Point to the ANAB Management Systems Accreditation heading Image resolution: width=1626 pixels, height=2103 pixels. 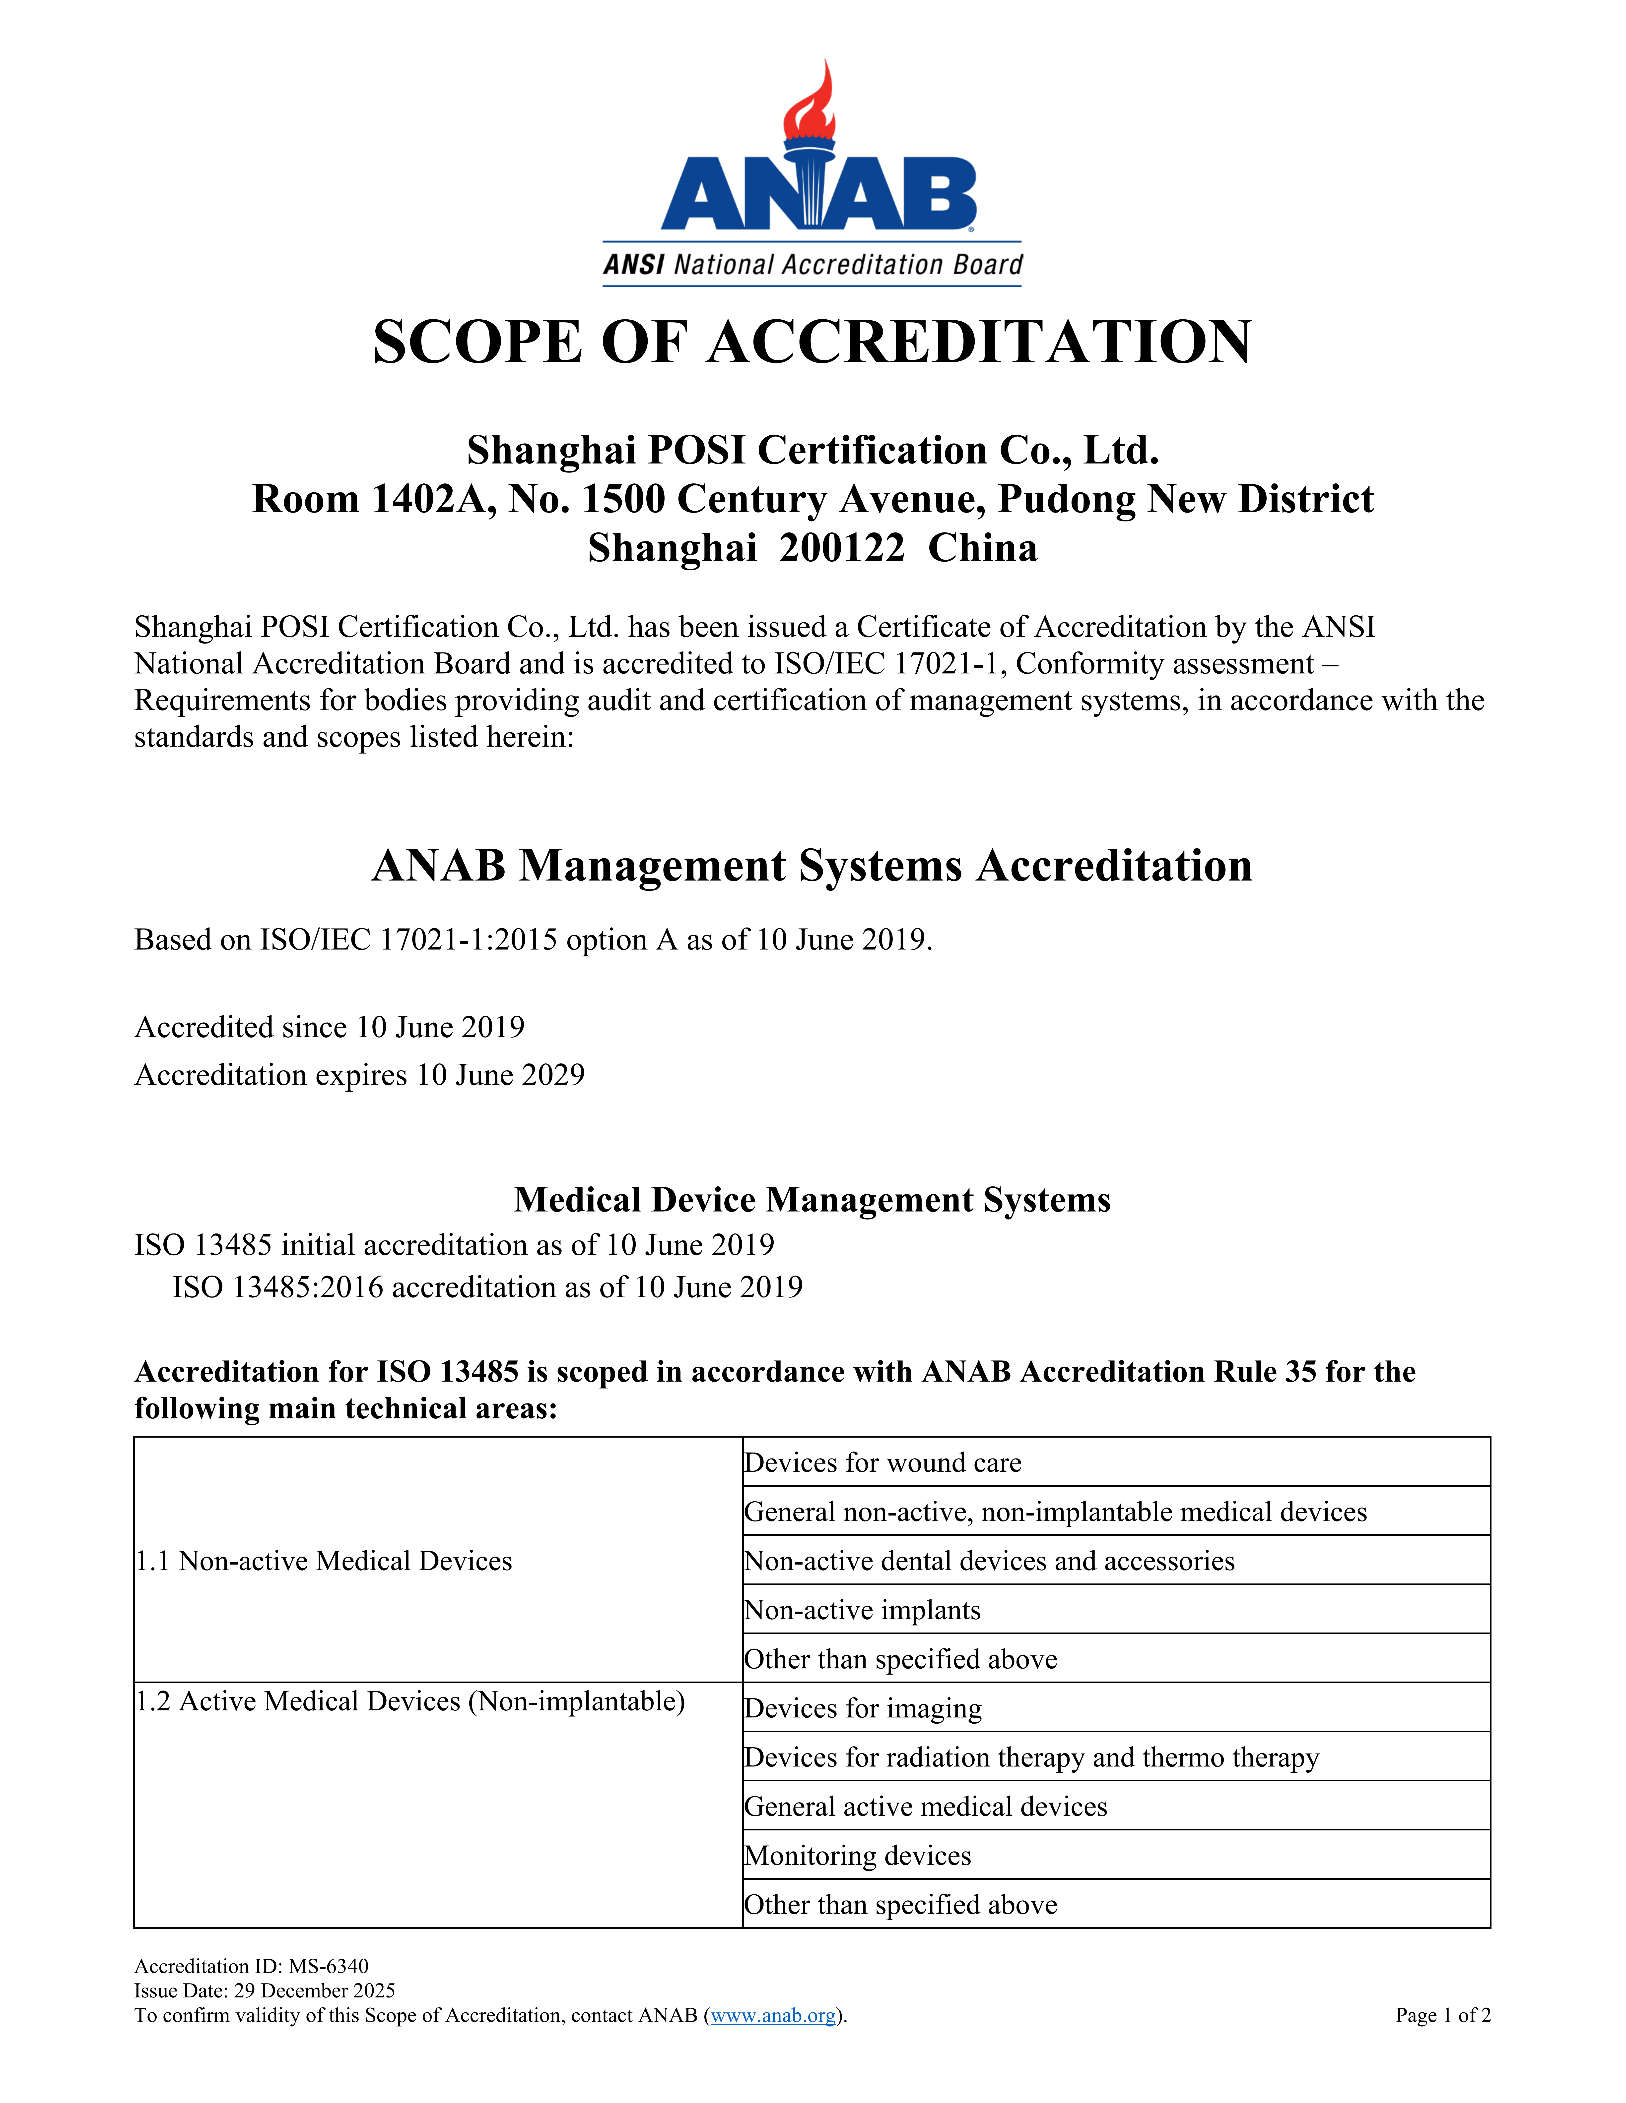point(812,866)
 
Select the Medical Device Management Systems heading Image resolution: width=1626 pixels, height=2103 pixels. point(812,1200)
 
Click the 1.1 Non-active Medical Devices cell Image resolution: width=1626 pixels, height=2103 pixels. point(324,1561)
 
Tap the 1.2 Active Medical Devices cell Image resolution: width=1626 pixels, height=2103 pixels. point(409,1701)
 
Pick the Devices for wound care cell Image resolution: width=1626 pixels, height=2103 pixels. point(882,1463)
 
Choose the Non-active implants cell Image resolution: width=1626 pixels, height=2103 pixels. point(862,1610)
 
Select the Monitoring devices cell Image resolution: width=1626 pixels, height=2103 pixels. point(857,1856)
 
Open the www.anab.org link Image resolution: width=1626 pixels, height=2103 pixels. point(773,2015)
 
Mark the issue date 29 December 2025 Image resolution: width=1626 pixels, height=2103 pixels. point(314,1990)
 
